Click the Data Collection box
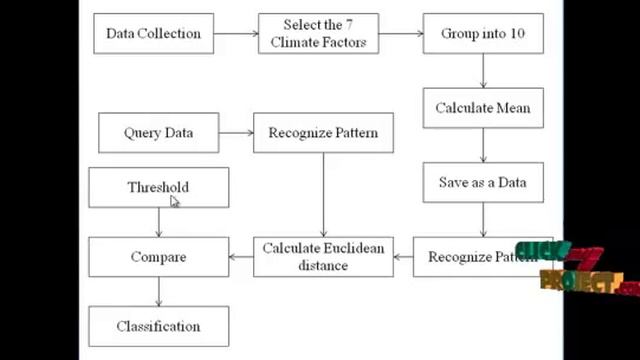pos(153,33)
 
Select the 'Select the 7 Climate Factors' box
pos(318,33)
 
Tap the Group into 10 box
pos(483,33)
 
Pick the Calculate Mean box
pos(483,108)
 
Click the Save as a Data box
pos(483,183)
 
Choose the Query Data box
pos(158,133)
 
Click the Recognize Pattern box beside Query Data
pos(323,133)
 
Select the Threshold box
pos(158,187)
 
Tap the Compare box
pos(158,257)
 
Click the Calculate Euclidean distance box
pos(323,257)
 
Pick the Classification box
pos(158,326)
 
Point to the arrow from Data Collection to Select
pos(235,33)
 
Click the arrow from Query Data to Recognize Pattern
pos(236,133)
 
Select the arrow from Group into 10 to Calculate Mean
pos(483,71)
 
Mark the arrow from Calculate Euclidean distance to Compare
pos(241,257)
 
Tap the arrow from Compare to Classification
pos(158,291)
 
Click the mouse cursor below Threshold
pos(175,202)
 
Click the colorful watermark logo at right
pos(575,268)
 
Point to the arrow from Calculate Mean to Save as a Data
pos(483,145)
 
